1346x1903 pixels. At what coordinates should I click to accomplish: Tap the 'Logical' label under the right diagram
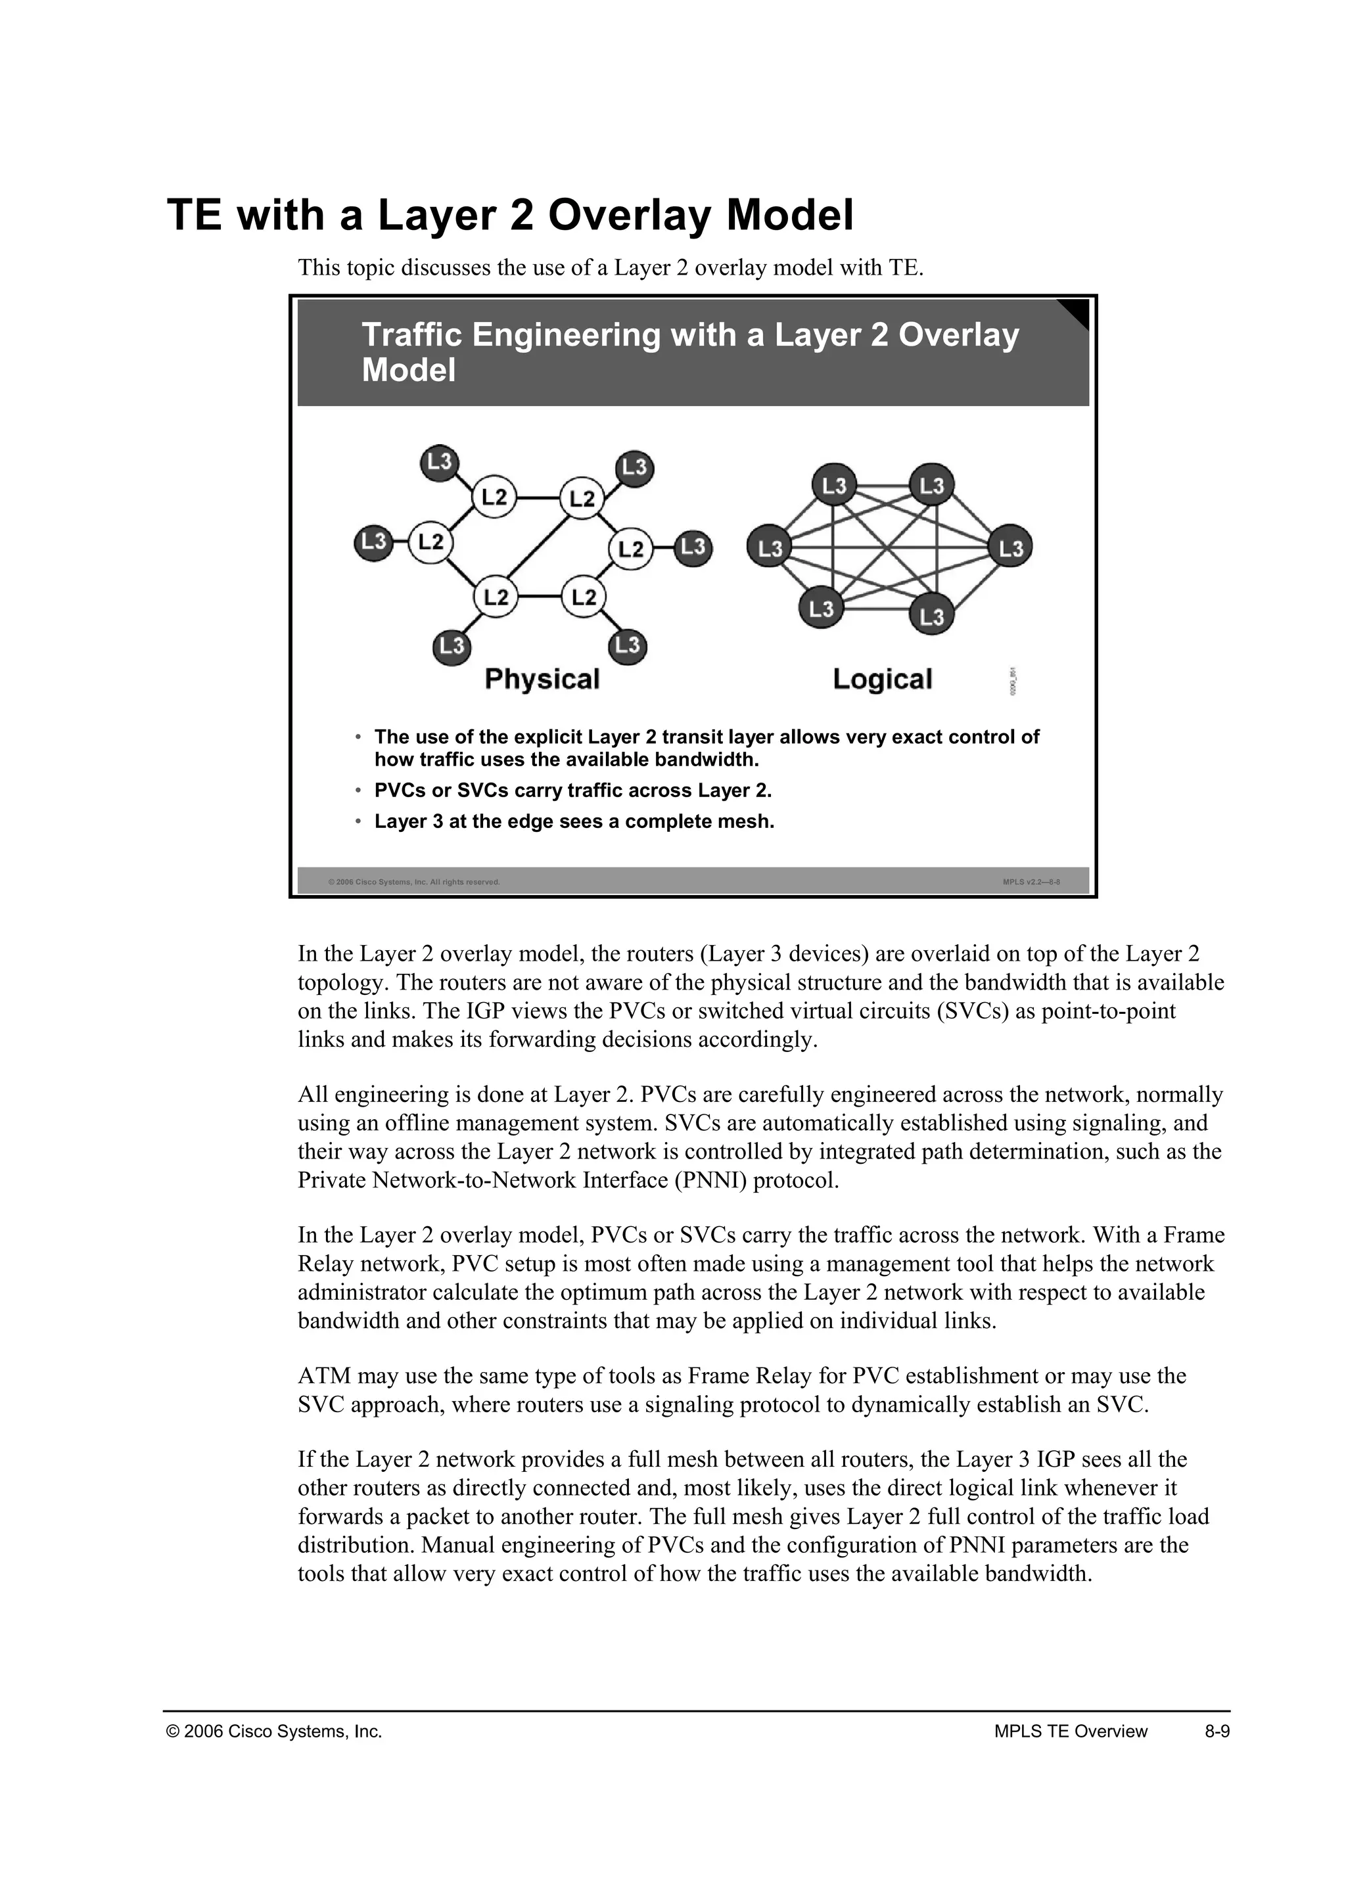(882, 679)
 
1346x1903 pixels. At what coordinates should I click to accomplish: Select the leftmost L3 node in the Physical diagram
(374, 542)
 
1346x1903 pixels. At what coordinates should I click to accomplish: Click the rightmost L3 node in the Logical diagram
(1010, 548)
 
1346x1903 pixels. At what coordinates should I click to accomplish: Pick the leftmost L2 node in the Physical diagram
(430, 542)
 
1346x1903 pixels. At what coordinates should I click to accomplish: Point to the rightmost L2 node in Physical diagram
(631, 549)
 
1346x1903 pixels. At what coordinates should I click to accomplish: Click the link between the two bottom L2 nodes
(540, 597)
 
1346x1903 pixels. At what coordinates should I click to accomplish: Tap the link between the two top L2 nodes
(539, 498)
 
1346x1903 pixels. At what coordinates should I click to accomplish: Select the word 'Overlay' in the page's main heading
(628, 215)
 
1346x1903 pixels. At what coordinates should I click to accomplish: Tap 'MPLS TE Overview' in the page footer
(1070, 1731)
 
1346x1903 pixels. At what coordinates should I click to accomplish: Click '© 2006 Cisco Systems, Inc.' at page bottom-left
(274, 1731)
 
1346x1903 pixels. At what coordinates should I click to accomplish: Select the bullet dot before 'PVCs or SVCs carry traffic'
(358, 791)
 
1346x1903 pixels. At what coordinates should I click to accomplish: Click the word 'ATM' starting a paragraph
(323, 1377)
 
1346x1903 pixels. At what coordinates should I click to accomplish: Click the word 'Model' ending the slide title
(409, 370)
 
